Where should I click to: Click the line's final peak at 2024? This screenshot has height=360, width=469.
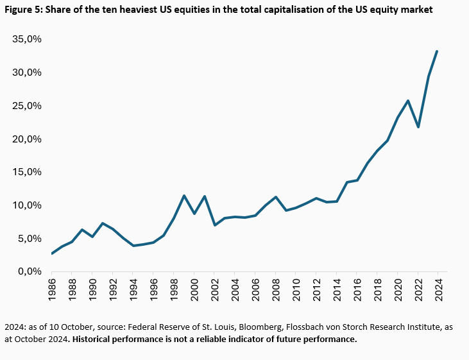coord(437,51)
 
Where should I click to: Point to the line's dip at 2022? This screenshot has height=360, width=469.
coord(417,127)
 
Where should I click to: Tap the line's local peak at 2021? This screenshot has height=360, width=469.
coord(407,101)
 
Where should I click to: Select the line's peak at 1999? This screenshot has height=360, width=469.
coord(184,196)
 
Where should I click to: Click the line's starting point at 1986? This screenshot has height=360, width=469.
coord(53,253)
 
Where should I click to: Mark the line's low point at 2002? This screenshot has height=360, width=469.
coord(214,225)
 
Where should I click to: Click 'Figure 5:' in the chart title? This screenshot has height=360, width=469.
coord(24,10)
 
